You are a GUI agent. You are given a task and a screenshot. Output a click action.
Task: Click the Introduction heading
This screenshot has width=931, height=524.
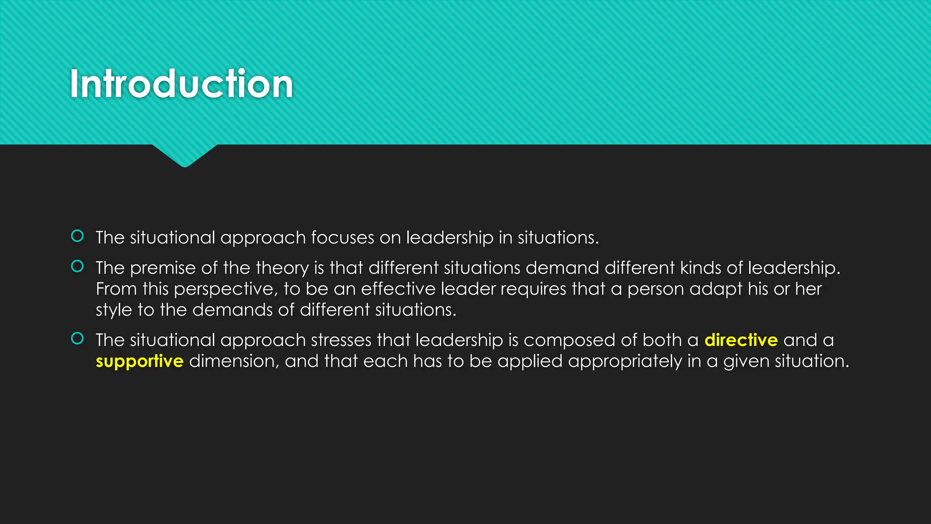tap(181, 84)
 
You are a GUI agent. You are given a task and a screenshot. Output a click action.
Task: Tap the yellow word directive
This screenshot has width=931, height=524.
tap(741, 340)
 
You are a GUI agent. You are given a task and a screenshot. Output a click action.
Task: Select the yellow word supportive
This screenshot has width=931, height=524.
tap(140, 361)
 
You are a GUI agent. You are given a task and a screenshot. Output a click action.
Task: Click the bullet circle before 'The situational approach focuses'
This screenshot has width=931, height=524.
tap(77, 236)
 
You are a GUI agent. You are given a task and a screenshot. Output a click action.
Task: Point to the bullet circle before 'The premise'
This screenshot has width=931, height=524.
tap(77, 266)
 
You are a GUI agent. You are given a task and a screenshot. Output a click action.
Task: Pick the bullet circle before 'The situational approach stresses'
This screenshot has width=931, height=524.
tap(77, 338)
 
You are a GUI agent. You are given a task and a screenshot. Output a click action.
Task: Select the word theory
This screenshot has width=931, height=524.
tap(282, 268)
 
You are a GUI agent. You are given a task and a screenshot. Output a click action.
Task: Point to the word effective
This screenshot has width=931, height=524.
tap(398, 289)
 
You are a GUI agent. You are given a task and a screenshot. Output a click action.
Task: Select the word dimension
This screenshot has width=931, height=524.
tap(234, 361)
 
